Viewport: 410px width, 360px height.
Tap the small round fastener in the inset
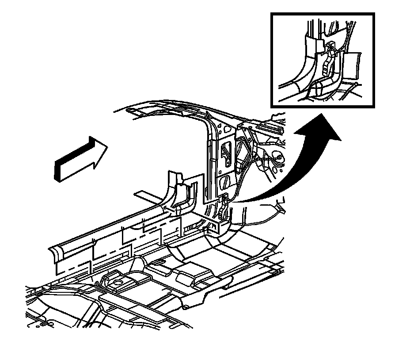coord(356,83)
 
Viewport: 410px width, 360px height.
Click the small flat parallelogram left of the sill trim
coord(148,194)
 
